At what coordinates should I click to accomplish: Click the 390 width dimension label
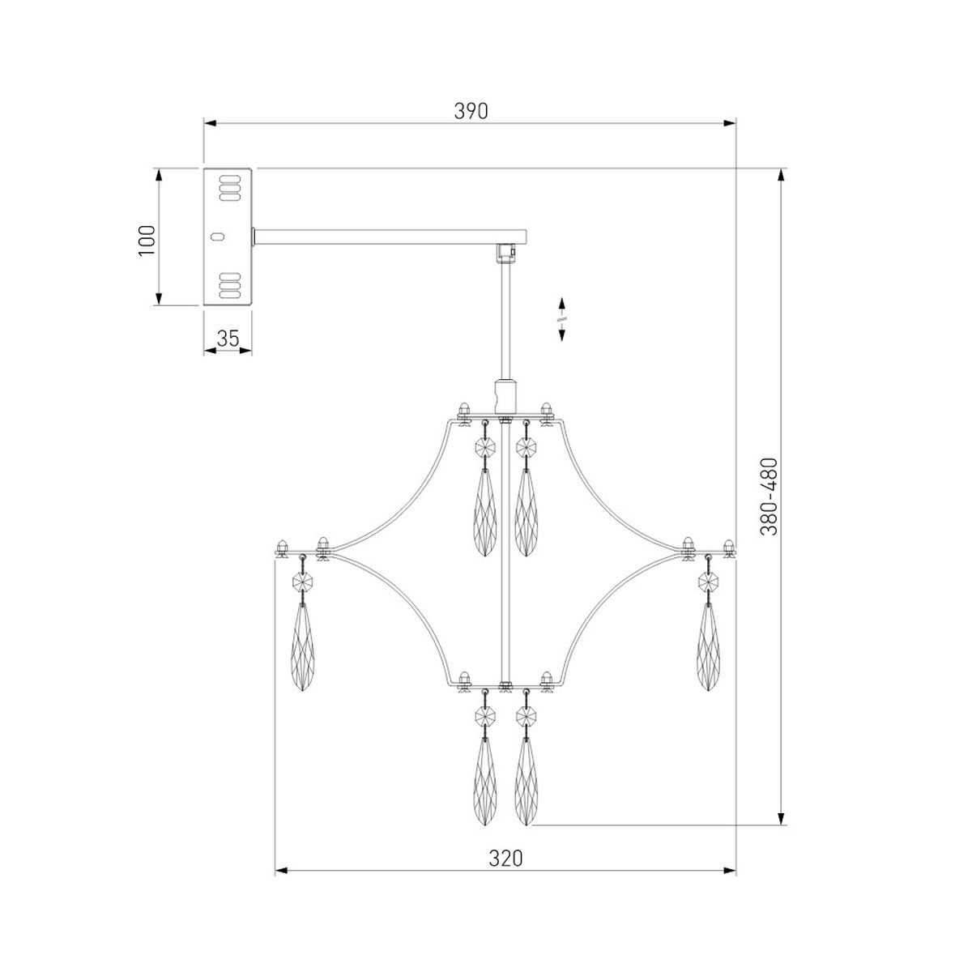click(471, 111)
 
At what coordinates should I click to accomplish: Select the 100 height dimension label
click(147, 241)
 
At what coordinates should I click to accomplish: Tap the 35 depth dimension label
click(228, 339)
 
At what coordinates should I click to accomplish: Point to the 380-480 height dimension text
click(769, 497)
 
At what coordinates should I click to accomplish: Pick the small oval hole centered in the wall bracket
click(217, 236)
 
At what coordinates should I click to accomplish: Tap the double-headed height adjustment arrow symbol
click(561, 320)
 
